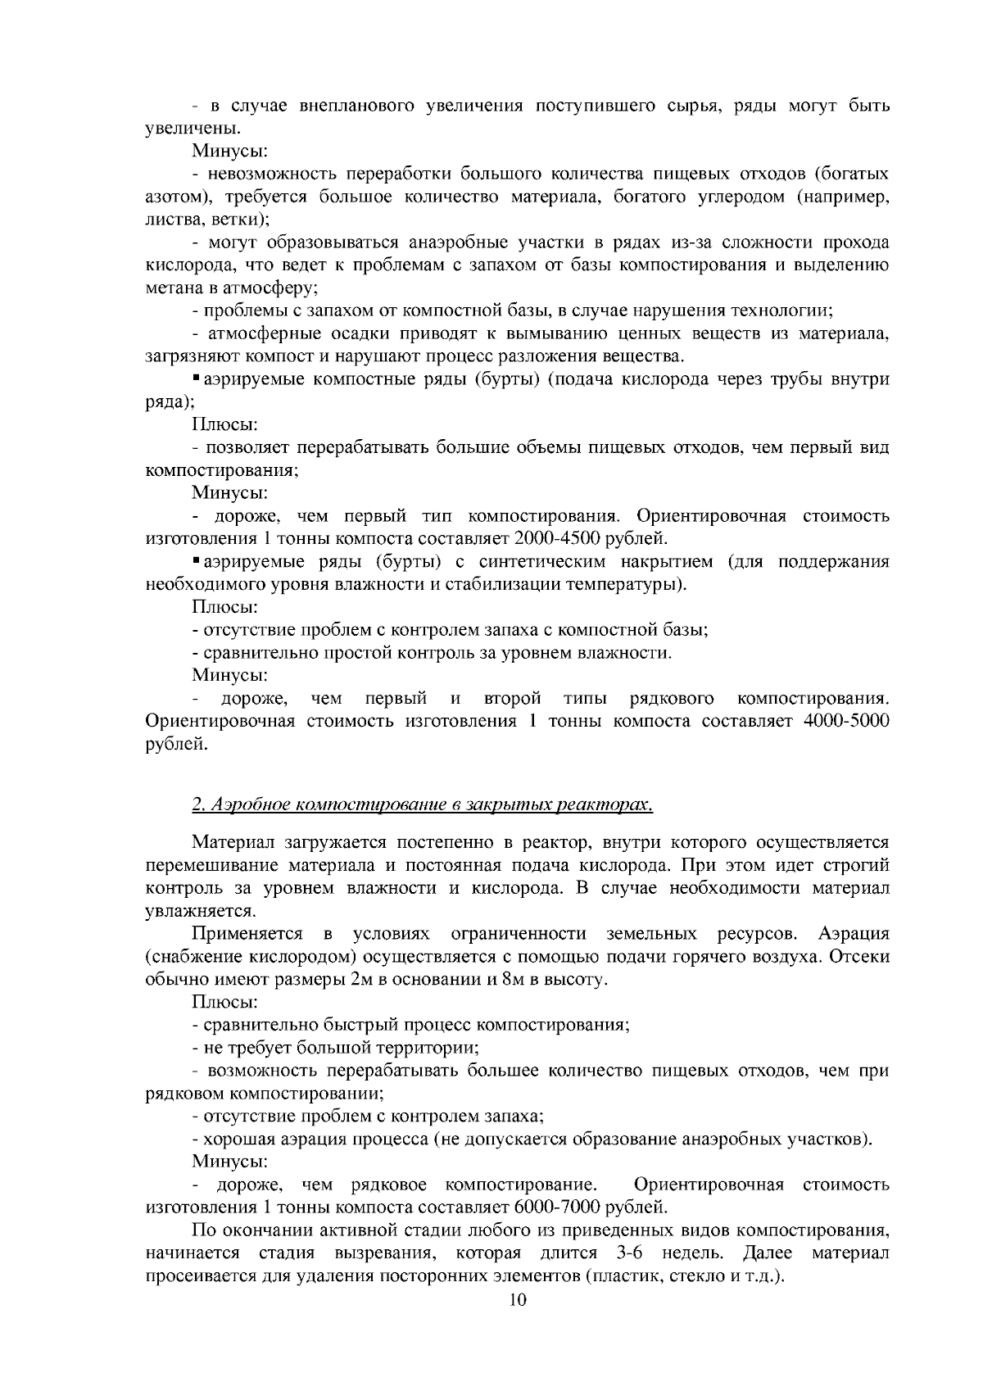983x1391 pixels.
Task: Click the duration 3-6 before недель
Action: pos(626,1253)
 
